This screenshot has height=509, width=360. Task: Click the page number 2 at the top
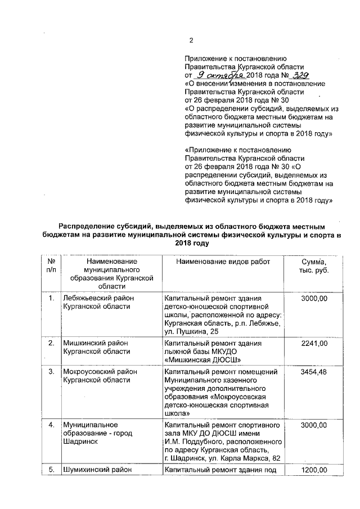191,40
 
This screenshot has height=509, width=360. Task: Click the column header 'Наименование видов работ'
223,262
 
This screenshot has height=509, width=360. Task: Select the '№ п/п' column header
51,266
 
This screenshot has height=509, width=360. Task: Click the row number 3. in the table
51,372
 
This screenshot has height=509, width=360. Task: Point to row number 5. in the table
51,470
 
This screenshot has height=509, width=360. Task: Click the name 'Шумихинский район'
98,470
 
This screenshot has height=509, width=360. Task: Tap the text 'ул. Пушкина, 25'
192,332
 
